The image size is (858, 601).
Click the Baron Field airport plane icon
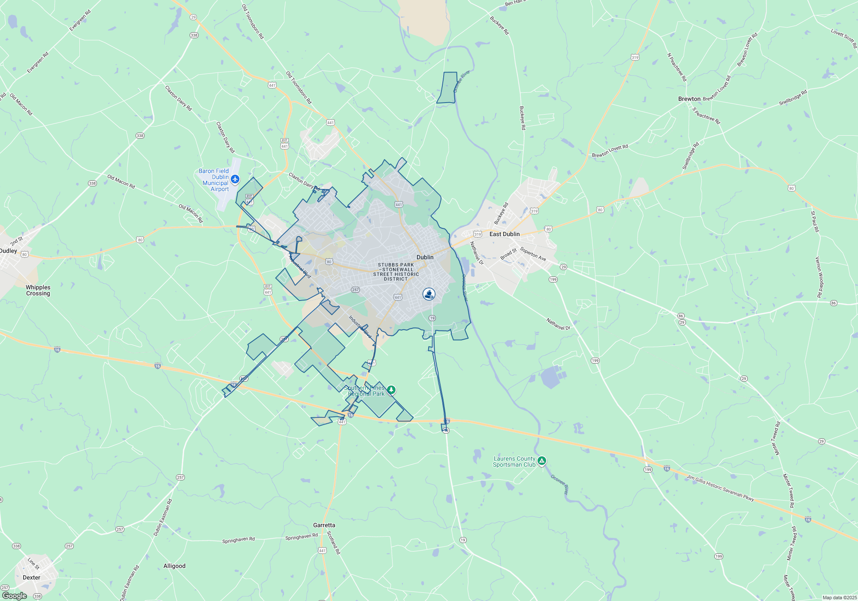pyautogui.click(x=235, y=179)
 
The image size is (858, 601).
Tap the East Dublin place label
pyautogui.click(x=504, y=234)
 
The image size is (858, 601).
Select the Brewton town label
pyautogui.click(x=689, y=99)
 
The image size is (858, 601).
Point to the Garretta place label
pyautogui.click(x=324, y=525)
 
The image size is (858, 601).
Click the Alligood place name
pyautogui.click(x=174, y=566)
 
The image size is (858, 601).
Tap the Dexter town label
pyautogui.click(x=31, y=577)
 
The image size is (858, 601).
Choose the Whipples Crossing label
pyautogui.click(x=38, y=290)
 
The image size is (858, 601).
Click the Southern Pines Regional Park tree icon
pyautogui.click(x=391, y=390)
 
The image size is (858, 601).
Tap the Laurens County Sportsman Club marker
pyautogui.click(x=542, y=461)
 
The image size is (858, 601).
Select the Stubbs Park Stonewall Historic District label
pyautogui.click(x=396, y=272)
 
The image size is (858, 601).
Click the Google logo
pyautogui.click(x=14, y=596)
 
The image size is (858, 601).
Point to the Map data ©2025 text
pyautogui.click(x=840, y=598)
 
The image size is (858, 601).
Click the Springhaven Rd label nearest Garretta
pyautogui.click(x=302, y=537)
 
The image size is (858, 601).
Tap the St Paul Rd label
pyautogui.click(x=815, y=222)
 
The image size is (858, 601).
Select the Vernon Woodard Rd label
pyautogui.click(x=819, y=277)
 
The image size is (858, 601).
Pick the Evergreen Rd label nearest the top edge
pyautogui.click(x=80, y=20)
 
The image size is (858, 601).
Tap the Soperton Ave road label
pyautogui.click(x=533, y=254)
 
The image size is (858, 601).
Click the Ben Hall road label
pyautogui.click(x=515, y=3)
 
